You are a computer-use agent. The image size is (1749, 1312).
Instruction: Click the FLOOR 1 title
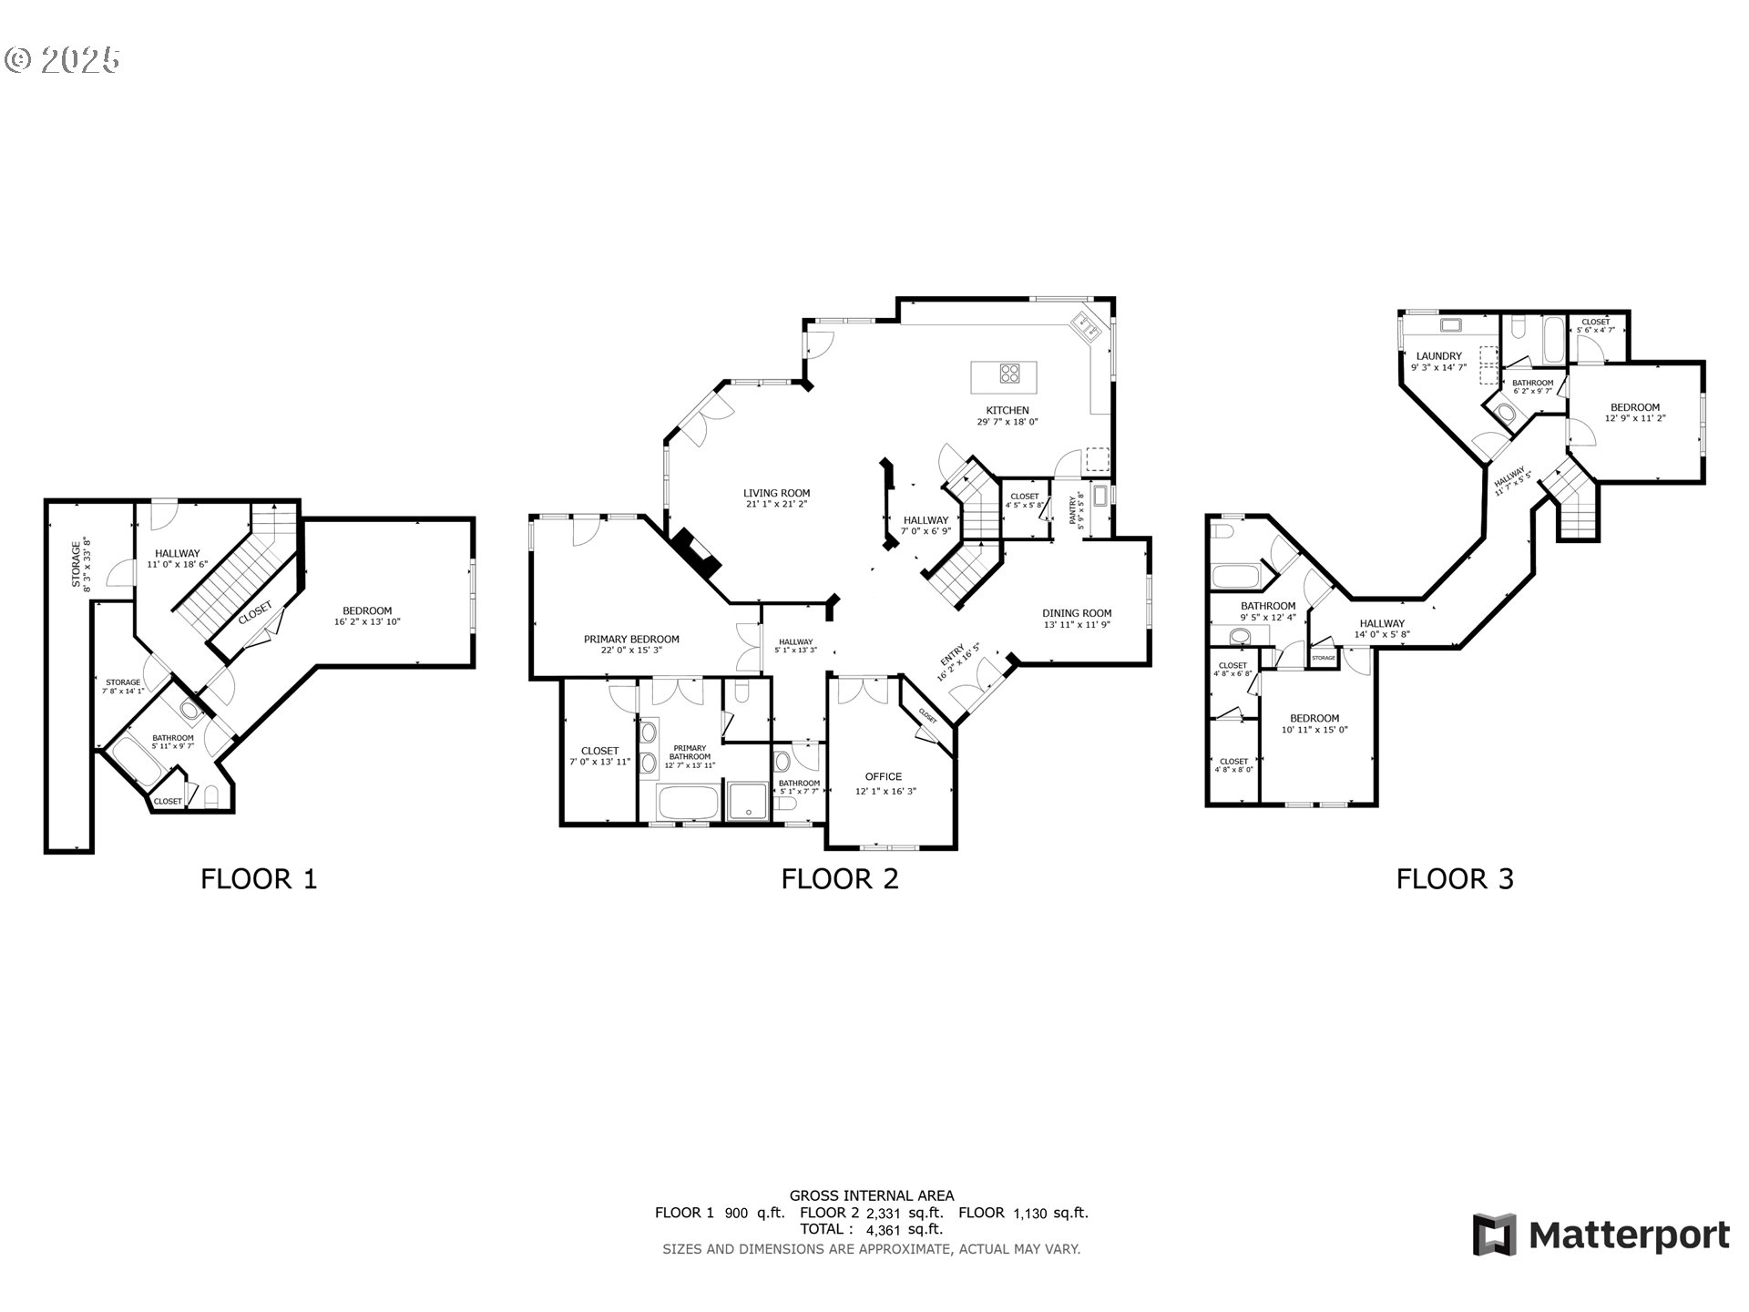coord(259,879)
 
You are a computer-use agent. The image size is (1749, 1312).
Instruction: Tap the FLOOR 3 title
coord(1455,879)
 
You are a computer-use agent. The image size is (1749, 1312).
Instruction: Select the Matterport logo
coord(1601,1235)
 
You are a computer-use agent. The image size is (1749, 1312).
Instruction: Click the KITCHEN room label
coord(1007,410)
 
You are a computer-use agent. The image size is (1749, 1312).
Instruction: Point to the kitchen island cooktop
coord(1009,372)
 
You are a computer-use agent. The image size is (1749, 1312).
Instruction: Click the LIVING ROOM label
coord(776,493)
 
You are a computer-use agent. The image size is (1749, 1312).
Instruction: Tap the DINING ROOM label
coord(1077,613)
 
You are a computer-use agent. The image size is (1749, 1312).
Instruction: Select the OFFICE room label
coord(883,776)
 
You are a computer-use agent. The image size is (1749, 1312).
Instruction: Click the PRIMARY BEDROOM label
coord(631,639)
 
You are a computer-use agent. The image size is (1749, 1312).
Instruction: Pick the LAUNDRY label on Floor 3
coord(1438,356)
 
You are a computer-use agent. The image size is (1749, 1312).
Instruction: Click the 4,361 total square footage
coord(884,1229)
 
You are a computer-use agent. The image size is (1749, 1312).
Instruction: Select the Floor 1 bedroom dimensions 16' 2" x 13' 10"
coord(367,622)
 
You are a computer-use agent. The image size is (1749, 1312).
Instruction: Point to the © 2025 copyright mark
coord(62,60)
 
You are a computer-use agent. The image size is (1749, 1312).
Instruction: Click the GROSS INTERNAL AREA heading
coord(871,1195)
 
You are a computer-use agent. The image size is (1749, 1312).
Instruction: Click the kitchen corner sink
coord(1086,323)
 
